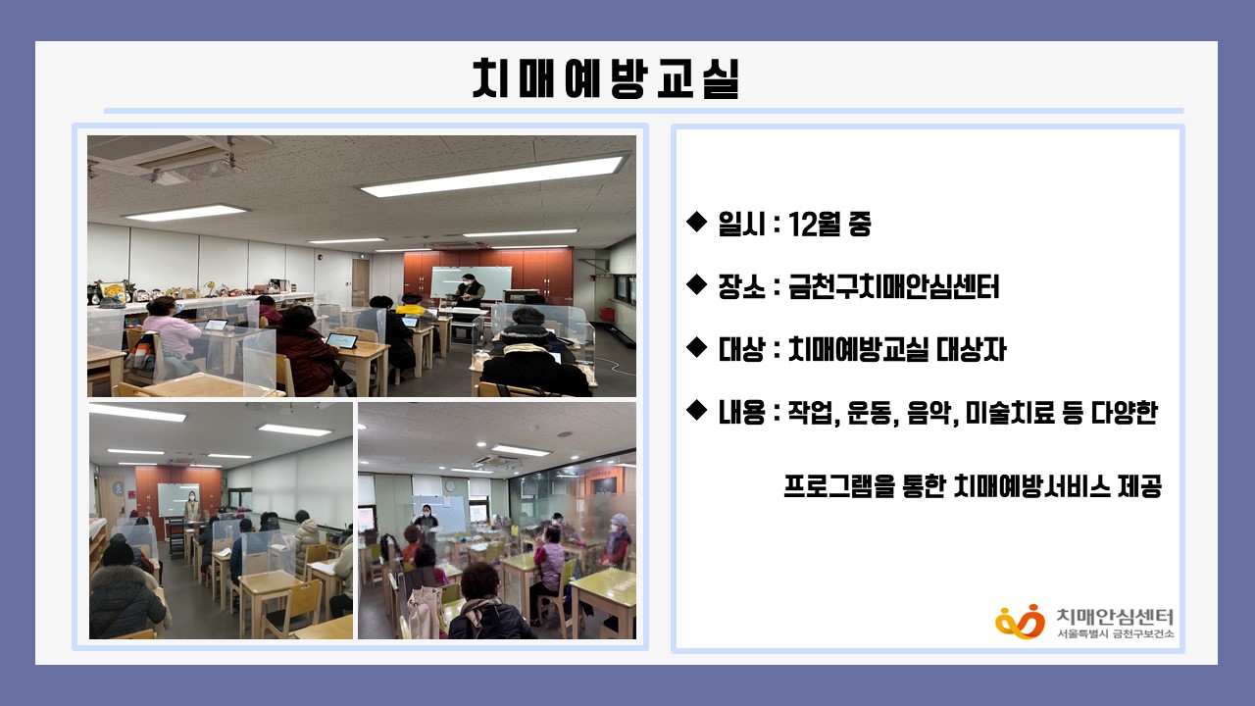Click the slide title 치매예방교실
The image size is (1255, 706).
click(606, 79)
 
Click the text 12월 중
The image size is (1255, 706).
click(829, 225)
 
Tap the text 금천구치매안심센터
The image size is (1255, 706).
click(893, 287)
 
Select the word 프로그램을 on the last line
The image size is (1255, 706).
click(838, 486)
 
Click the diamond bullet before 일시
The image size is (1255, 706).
click(696, 222)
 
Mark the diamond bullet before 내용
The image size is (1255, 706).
click(696, 410)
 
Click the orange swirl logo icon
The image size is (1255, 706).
click(1020, 622)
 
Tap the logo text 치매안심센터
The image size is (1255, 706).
click(1115, 617)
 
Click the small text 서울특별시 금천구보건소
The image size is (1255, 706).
click(1116, 634)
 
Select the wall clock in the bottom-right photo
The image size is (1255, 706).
click(450, 485)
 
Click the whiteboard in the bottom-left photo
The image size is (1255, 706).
click(177, 500)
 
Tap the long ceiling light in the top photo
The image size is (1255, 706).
click(491, 176)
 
